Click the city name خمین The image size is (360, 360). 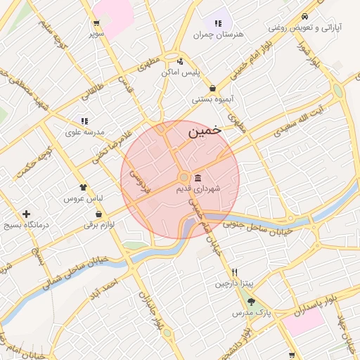pos(205,130)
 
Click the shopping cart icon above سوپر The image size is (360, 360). pos(96,23)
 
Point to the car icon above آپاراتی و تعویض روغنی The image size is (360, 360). pos(304,17)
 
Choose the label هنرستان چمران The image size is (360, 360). pos(221,34)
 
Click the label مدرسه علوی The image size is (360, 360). pos(84,131)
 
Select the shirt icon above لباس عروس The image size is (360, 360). pos(84,188)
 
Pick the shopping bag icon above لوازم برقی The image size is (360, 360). pos(98,214)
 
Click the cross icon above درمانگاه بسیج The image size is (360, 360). pos(27,214)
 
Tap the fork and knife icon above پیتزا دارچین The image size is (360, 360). pos(234,272)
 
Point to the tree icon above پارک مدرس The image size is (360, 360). pos(251,301)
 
